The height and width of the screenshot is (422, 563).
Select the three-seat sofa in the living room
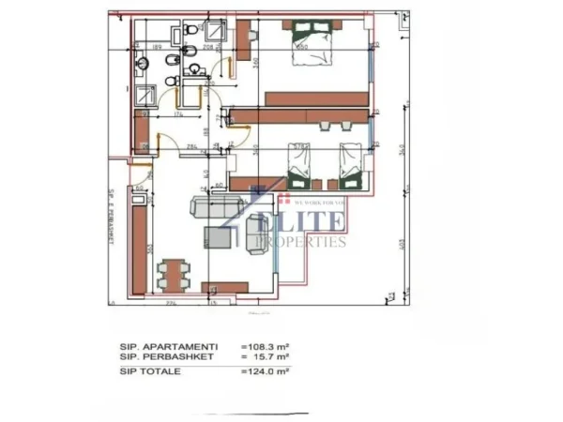click(208, 207)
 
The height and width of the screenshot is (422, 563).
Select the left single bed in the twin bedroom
click(299, 165)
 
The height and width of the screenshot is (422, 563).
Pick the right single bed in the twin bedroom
click(349, 163)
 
